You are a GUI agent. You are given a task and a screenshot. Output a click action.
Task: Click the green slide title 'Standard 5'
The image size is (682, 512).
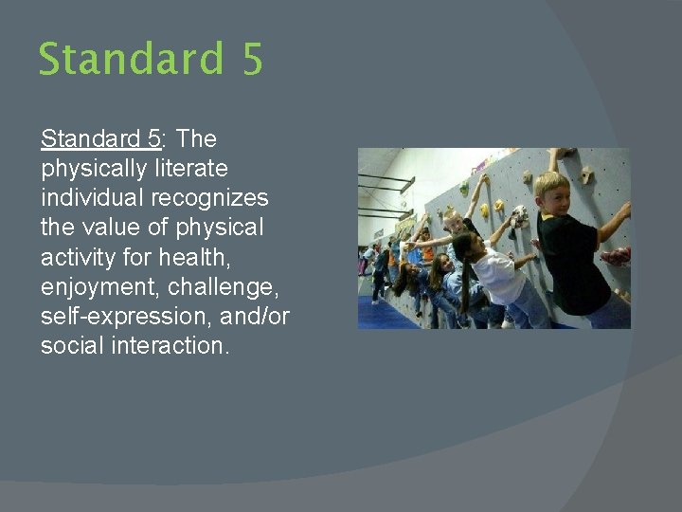point(151,59)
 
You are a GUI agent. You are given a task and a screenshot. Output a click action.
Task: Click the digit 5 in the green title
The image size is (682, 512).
point(251,59)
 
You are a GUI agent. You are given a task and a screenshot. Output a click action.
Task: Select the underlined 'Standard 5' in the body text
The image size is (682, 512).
point(100,139)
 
